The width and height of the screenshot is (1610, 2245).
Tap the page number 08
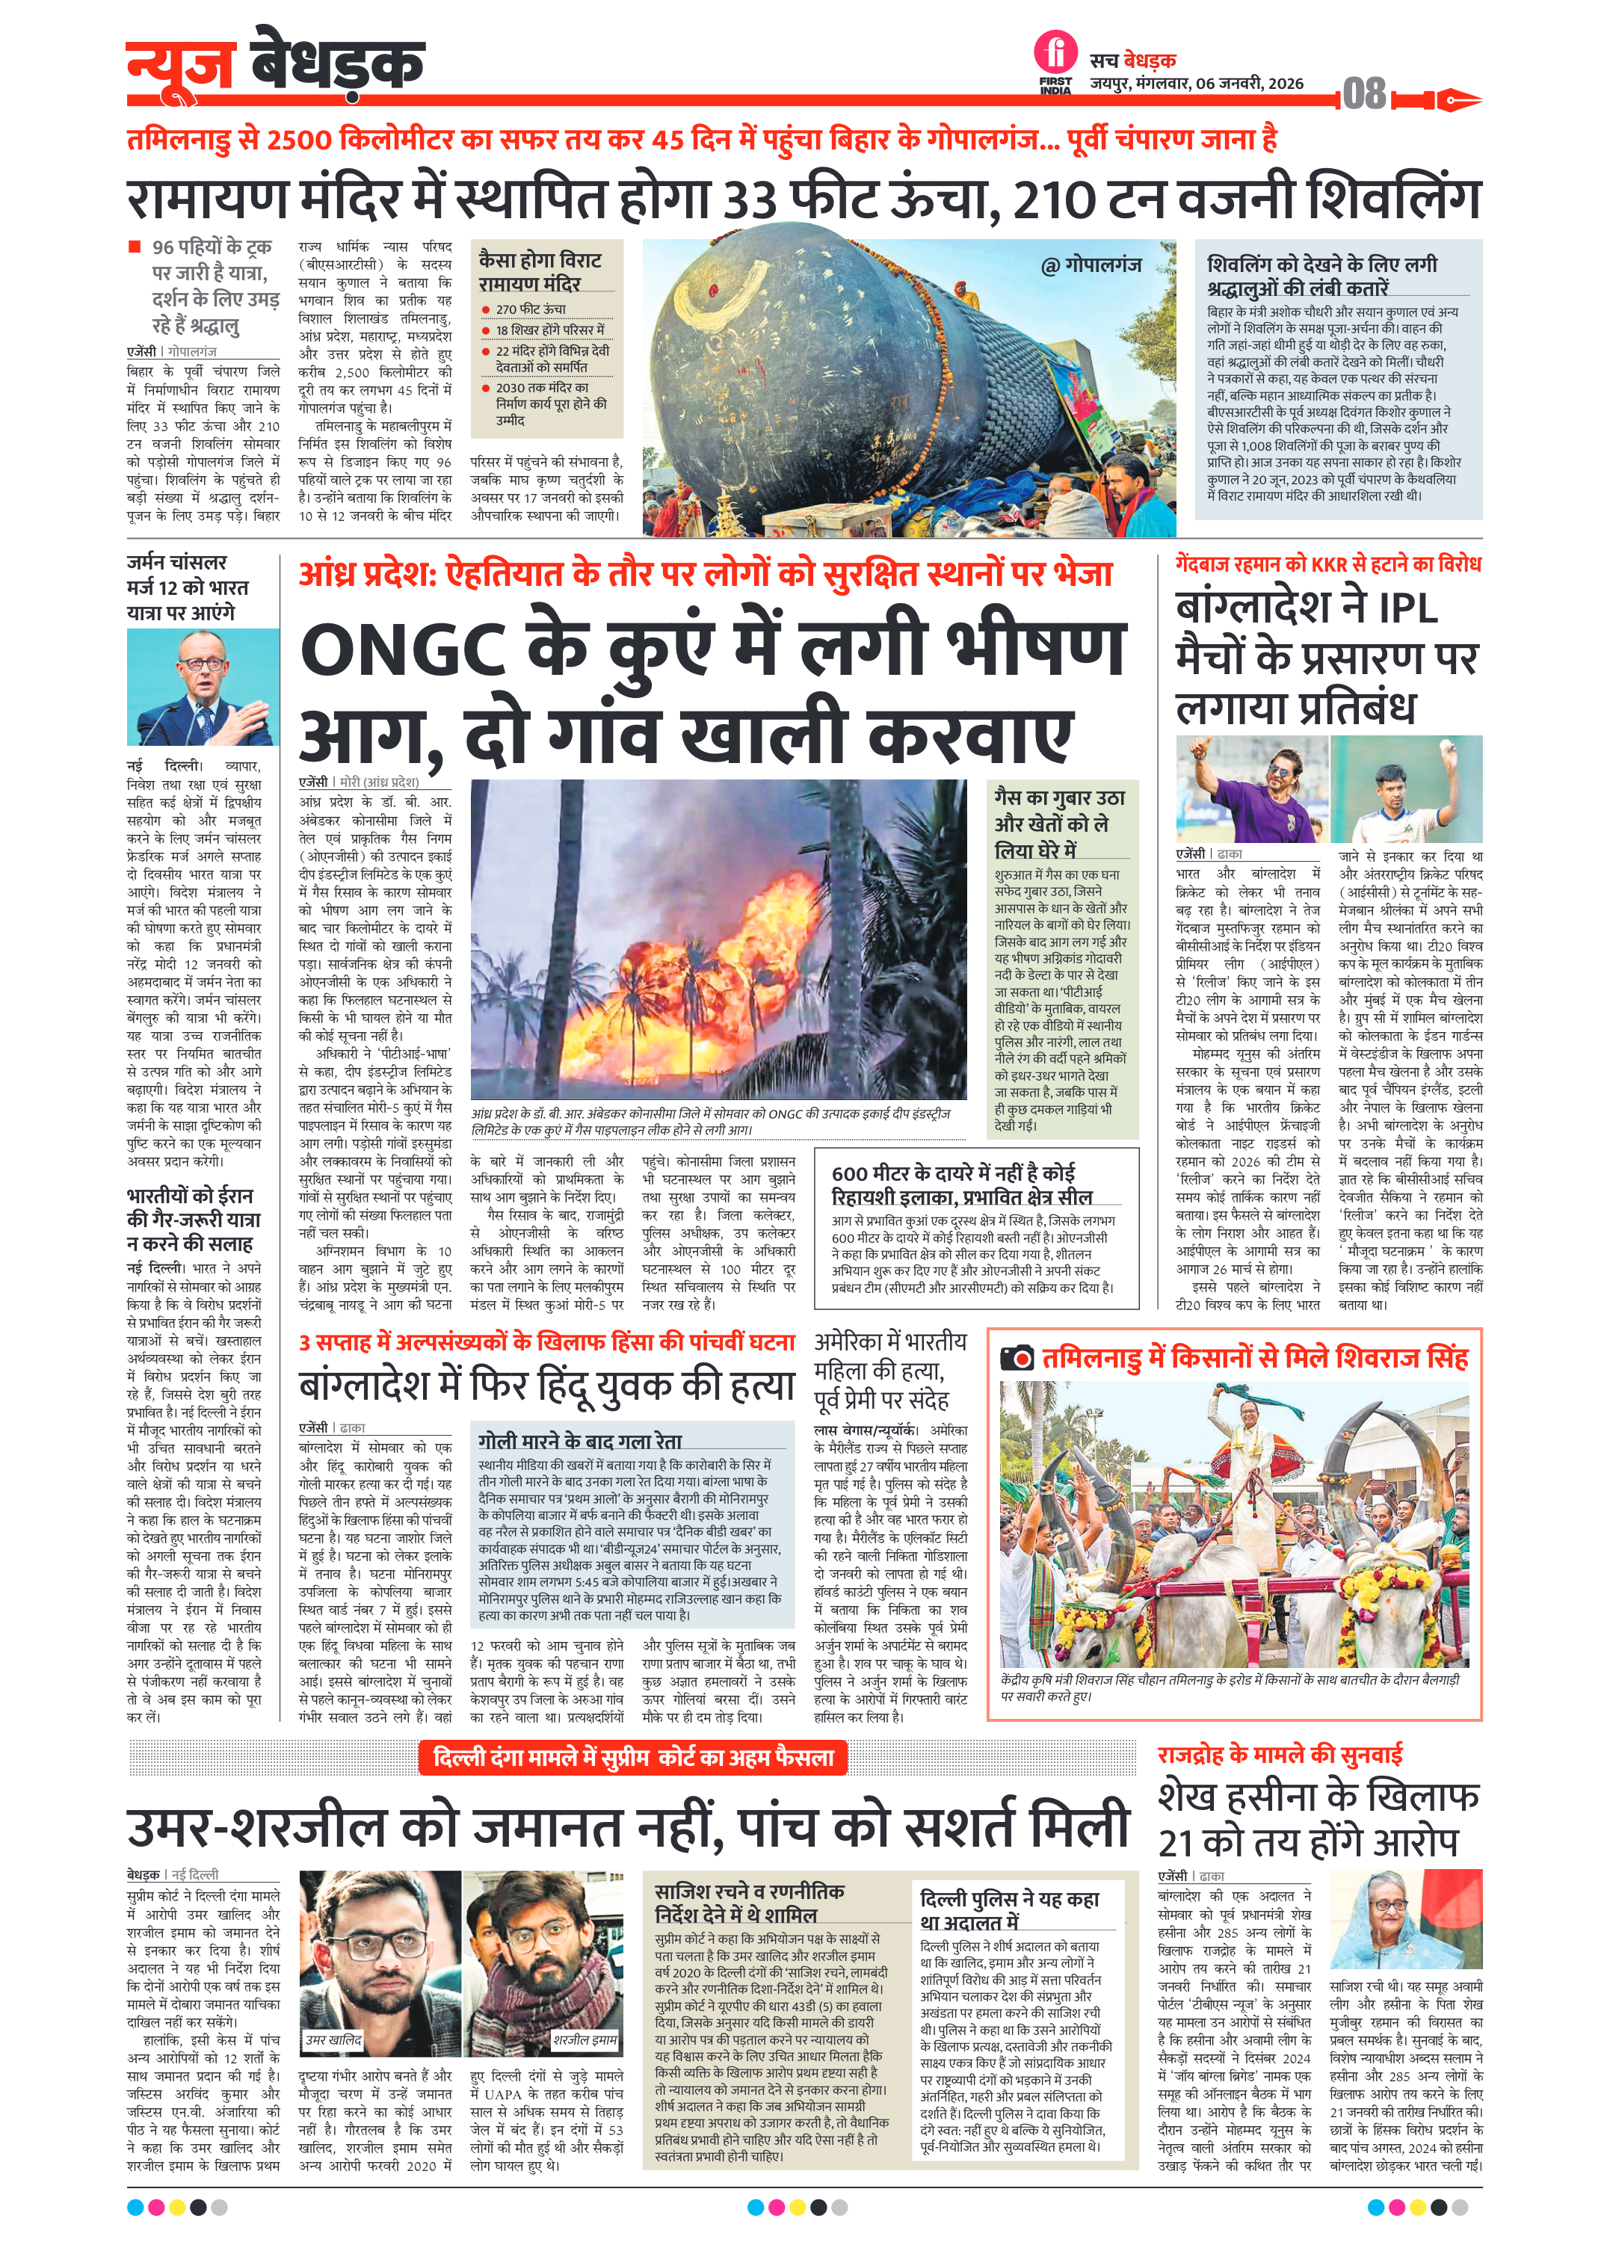tap(1364, 95)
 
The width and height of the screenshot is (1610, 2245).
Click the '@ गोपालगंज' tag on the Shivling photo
tap(1091, 265)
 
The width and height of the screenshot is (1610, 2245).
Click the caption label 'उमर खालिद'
tap(333, 2039)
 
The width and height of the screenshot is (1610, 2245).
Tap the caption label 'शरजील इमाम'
tap(585, 2039)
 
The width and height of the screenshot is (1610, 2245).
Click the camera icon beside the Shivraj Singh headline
tap(1017, 1358)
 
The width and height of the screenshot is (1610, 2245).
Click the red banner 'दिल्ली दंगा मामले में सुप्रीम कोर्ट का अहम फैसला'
tap(634, 1757)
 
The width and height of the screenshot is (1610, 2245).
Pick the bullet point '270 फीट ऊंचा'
tap(531, 309)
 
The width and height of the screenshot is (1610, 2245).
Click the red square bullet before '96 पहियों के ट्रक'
tap(134, 247)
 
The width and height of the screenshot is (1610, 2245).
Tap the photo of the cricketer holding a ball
tap(1406, 789)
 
